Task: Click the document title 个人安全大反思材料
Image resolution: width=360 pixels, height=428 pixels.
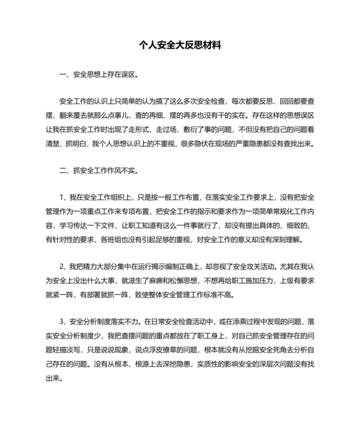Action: [179, 46]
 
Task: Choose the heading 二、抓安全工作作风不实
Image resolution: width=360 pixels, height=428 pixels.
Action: [96, 172]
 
